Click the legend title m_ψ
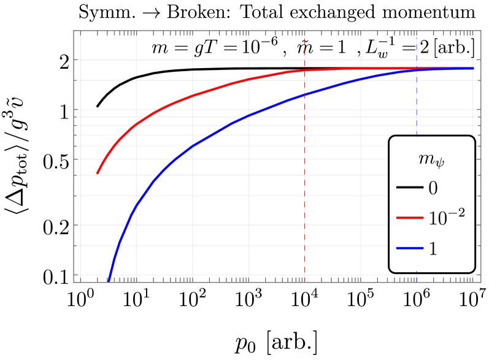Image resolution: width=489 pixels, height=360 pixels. pyautogui.click(x=432, y=160)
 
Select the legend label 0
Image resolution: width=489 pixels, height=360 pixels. pyautogui.click(x=433, y=188)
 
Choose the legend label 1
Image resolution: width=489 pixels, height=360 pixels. pyautogui.click(x=433, y=248)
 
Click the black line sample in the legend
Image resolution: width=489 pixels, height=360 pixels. pyautogui.click(x=409, y=187)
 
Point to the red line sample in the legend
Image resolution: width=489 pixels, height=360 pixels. pyautogui.click(x=409, y=218)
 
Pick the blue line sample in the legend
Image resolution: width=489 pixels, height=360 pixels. pyautogui.click(x=409, y=248)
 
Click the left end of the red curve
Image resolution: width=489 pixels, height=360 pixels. pyautogui.click(x=97, y=174)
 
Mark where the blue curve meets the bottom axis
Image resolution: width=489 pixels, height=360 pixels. pyautogui.click(x=109, y=281)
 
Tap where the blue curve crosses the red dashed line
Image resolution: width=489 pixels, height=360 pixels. pyautogui.click(x=305, y=94)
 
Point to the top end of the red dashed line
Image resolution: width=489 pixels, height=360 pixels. pyautogui.click(x=305, y=31)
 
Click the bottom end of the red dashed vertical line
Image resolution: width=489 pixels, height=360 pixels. pyautogui.click(x=305, y=281)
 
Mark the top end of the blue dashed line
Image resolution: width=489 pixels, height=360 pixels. pyautogui.click(x=417, y=31)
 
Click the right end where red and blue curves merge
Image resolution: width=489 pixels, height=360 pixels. pyautogui.click(x=473, y=68)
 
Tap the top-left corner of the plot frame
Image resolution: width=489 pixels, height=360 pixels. pyautogui.click(x=74, y=31)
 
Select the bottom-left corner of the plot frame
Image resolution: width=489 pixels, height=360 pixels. pyautogui.click(x=74, y=282)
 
